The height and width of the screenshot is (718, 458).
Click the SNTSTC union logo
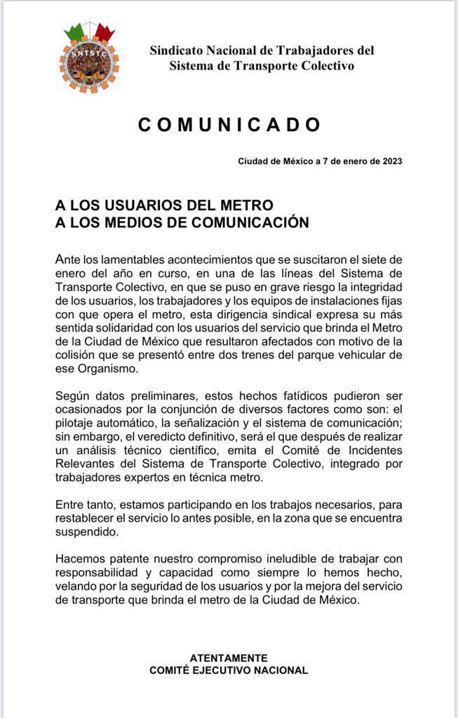point(89,58)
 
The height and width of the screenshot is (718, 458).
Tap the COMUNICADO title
point(229,125)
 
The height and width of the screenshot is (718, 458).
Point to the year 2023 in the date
point(389,161)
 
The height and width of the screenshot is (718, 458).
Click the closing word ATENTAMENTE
point(229,658)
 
